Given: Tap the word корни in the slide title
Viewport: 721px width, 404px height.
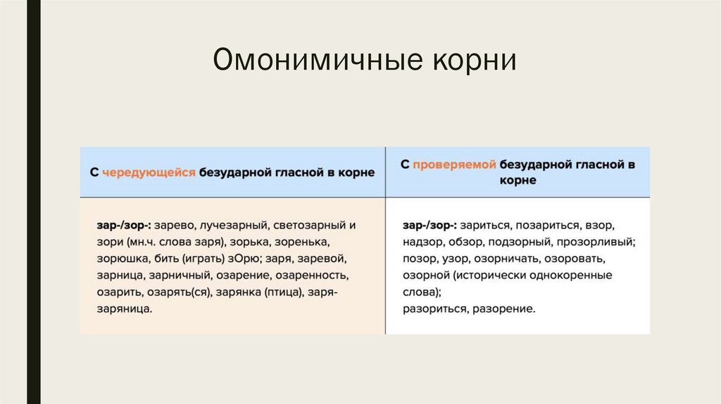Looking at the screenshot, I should point(470,61).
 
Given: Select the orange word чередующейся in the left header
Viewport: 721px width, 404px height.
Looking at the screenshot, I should point(148,172).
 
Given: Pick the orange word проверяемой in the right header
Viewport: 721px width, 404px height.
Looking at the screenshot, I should point(454,165).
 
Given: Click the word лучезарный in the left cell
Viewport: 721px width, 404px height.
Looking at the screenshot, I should point(230,226).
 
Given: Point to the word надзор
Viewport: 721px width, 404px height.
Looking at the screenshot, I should point(421,242).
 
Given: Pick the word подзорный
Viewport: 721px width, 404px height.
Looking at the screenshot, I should point(517,242).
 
